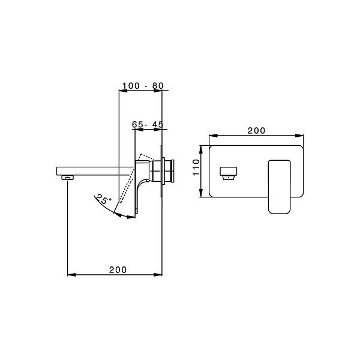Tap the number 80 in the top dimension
tap(157, 86)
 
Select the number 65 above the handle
tap(138, 124)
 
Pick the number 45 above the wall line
tap(158, 124)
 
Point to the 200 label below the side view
tap(118, 270)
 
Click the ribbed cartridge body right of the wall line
tap(169, 172)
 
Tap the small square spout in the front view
tap(229, 173)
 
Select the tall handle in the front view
tap(279, 185)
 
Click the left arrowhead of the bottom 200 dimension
tap(70, 275)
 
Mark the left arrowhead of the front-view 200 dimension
tap(212, 136)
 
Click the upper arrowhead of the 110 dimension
tap(201, 148)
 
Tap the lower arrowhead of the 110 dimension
tap(201, 196)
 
